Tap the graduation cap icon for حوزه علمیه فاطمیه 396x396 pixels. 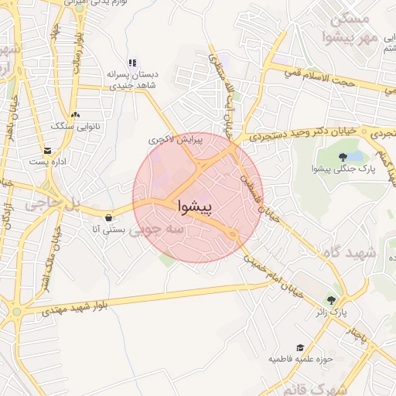click(300, 347)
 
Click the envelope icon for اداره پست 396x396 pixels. click(49, 150)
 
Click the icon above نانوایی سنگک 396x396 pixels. click(74, 113)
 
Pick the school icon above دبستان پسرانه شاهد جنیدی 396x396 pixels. click(132, 63)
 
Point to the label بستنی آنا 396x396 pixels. click(108, 230)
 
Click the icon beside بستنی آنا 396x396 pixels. click(107, 217)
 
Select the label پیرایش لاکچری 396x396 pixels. click(168, 140)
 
